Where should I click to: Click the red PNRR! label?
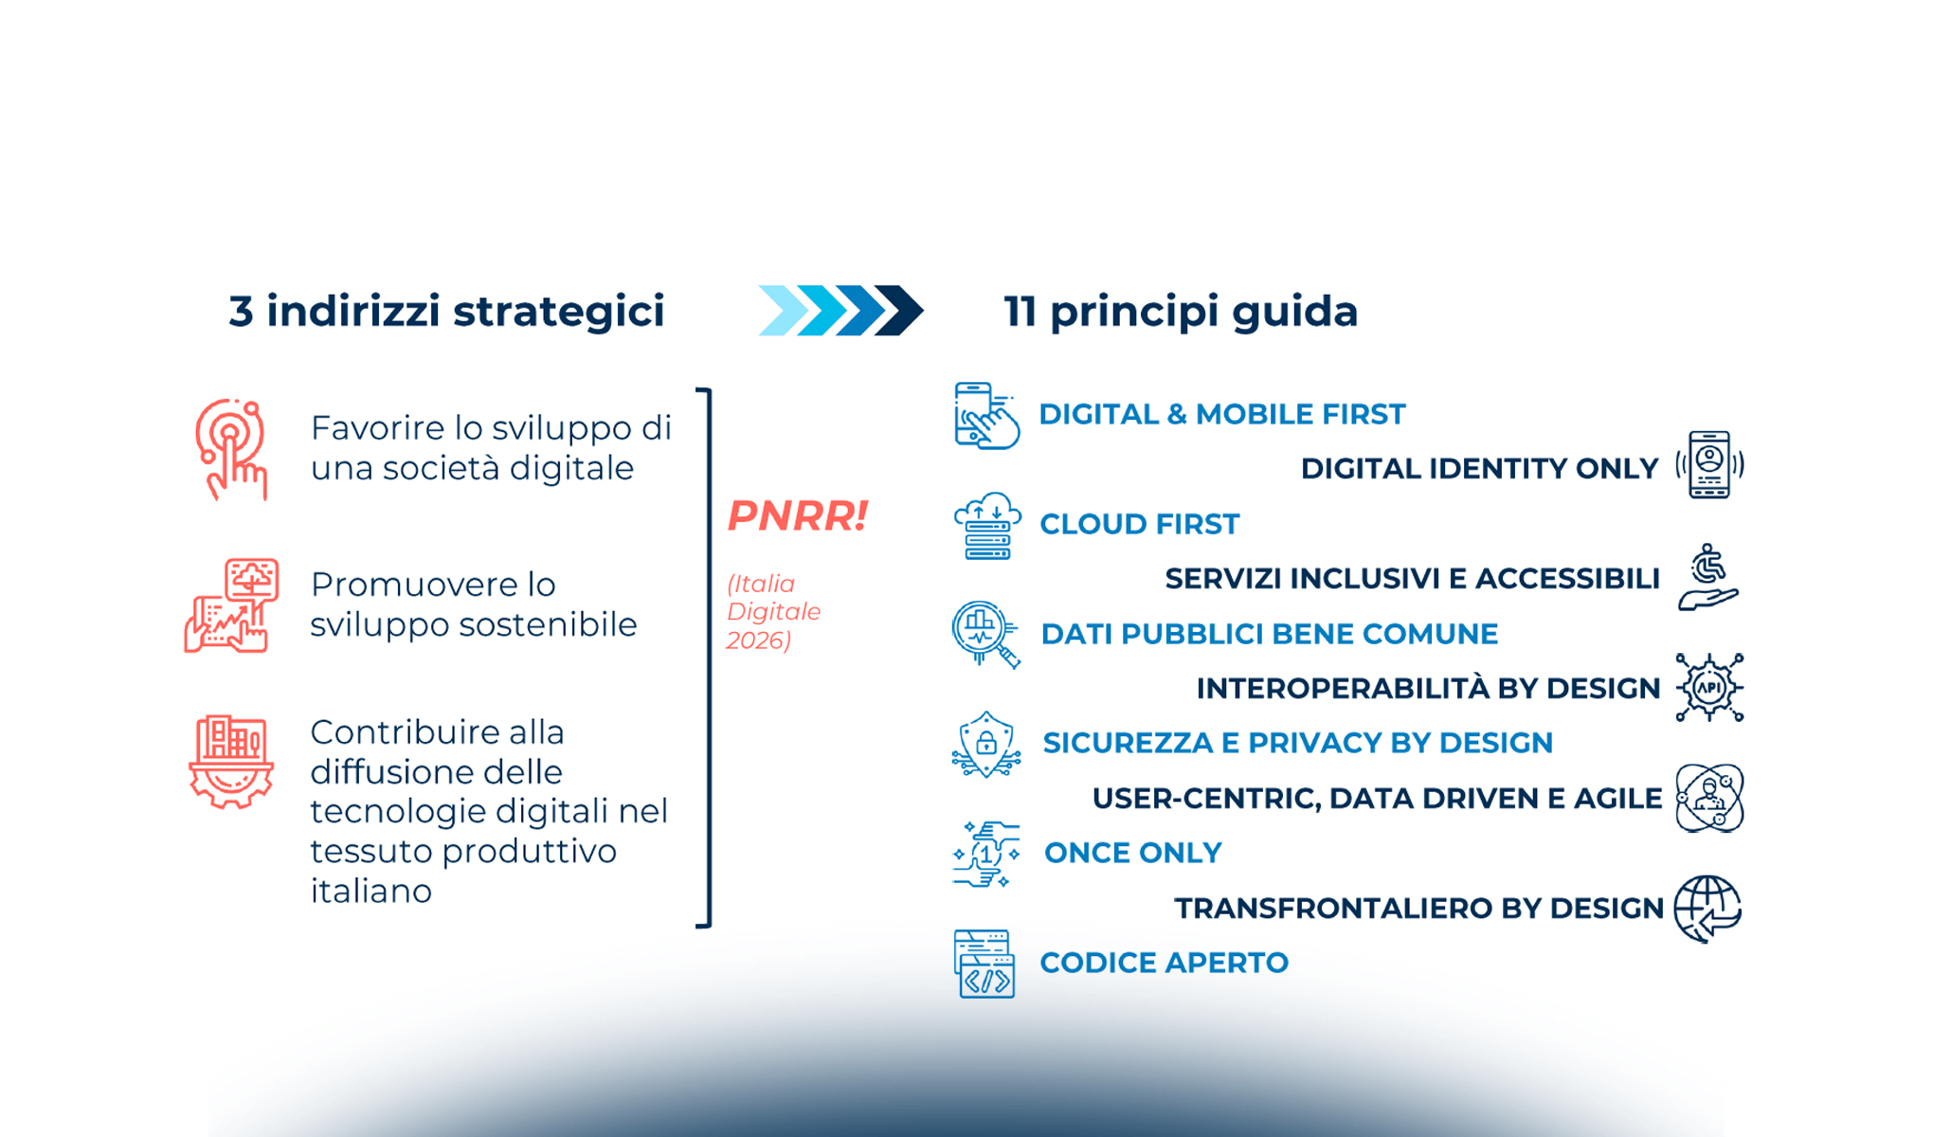797,516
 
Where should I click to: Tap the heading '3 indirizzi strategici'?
446,312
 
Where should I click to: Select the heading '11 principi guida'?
1181,312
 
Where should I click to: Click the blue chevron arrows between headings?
840,311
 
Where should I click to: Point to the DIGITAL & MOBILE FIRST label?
1221,414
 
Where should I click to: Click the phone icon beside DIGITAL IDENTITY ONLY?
1709,464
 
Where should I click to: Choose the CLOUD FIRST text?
1139,524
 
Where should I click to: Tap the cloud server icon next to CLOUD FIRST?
986,526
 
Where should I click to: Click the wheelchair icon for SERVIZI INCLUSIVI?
1708,576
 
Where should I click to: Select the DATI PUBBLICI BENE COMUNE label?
1269,634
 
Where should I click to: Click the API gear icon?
1709,688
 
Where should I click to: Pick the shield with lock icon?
986,745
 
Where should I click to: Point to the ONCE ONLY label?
1132,853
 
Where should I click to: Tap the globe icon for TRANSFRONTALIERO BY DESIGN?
1707,909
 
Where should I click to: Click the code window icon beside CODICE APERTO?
985,964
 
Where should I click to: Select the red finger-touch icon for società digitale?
231,449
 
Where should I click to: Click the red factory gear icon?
231,762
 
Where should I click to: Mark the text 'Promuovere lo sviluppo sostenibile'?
473,605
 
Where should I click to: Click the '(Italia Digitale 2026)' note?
772,612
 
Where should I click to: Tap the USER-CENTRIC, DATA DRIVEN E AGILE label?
1377,799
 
